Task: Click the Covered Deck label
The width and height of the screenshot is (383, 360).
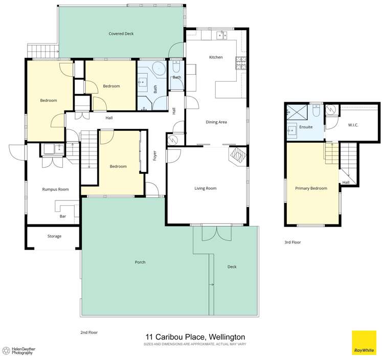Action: pyautogui.click(x=121, y=34)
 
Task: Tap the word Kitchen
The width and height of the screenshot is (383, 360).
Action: pyautogui.click(x=216, y=57)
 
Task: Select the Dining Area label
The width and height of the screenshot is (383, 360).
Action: pyautogui.click(x=216, y=122)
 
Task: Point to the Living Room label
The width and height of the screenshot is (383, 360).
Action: pyautogui.click(x=206, y=188)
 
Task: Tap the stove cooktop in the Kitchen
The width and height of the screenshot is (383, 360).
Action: pyautogui.click(x=240, y=62)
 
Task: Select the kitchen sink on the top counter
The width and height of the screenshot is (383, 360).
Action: pyautogui.click(x=222, y=35)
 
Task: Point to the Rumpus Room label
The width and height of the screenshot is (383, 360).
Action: pyautogui.click(x=55, y=189)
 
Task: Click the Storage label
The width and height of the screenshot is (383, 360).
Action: pyautogui.click(x=54, y=236)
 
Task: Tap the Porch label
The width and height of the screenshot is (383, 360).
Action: pyautogui.click(x=140, y=262)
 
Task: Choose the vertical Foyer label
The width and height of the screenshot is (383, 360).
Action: pyautogui.click(x=155, y=155)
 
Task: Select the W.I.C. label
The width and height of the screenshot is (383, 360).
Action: pyautogui.click(x=353, y=124)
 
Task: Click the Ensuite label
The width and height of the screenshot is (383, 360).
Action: pyautogui.click(x=306, y=127)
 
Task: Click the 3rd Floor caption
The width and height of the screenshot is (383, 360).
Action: pyautogui.click(x=293, y=242)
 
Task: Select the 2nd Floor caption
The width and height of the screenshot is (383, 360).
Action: pyautogui.click(x=89, y=332)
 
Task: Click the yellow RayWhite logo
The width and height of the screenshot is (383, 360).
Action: pyautogui.click(x=364, y=343)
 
